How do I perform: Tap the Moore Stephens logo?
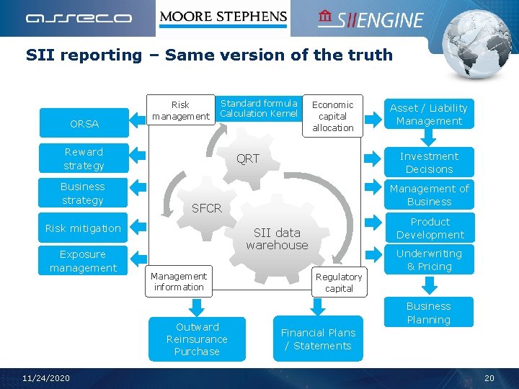223,17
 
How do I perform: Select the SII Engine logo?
371,19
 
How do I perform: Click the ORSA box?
84,124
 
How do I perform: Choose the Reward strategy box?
84,159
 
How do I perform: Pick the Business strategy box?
83,194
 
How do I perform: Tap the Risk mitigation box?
83,228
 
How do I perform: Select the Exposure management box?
83,261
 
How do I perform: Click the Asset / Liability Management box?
428,115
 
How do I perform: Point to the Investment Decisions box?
429,163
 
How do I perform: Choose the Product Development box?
430,228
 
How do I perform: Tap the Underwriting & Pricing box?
429,260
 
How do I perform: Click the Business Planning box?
428,313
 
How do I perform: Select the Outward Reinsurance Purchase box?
197,339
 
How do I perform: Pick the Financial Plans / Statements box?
318,339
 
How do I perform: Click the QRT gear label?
248,158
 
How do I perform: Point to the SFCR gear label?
206,208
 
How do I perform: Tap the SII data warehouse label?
277,238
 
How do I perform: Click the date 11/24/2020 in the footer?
46,378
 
